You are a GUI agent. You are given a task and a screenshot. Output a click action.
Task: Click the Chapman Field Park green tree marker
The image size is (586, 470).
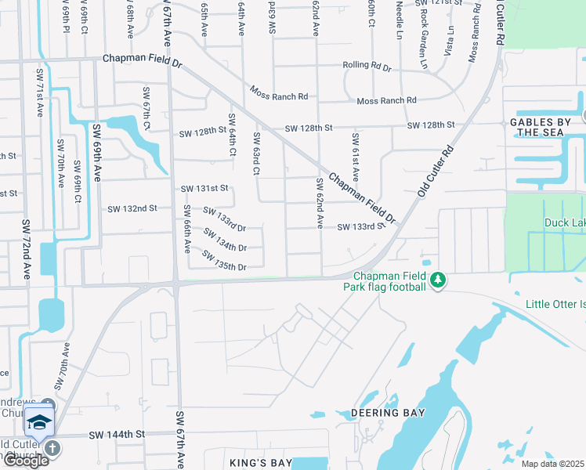coord(439,280)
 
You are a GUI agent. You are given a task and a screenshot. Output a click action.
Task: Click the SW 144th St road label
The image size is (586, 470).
coord(118,434)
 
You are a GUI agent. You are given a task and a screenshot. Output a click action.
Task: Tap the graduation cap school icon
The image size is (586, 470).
coord(38,421)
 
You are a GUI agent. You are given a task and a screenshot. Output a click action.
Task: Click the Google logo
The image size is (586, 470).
coord(26,461)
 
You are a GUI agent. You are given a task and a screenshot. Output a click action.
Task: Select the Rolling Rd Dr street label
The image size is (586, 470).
coord(367,68)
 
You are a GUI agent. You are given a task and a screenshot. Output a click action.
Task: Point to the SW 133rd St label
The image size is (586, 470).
coord(361,227)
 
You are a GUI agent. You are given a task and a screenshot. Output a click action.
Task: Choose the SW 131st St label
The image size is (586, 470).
coord(204,189)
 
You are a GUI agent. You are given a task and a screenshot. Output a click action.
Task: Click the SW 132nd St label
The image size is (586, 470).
coord(132,208)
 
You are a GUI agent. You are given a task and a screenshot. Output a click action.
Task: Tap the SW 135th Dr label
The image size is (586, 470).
coord(224,261)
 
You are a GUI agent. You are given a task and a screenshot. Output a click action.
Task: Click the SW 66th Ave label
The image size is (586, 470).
coord(187,229)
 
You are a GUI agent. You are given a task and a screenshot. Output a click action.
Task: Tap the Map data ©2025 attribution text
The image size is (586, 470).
coord(553,464)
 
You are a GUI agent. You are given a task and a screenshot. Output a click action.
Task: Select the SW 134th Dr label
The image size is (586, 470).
coord(225,240)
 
